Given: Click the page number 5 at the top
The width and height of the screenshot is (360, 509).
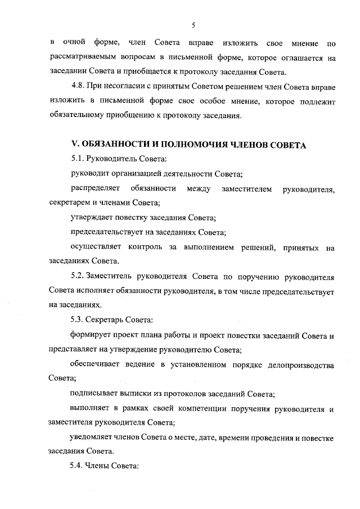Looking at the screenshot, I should (x=192, y=25).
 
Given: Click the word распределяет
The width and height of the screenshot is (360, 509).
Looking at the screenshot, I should (x=94, y=189).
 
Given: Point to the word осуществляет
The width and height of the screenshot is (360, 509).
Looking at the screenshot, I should (x=96, y=247).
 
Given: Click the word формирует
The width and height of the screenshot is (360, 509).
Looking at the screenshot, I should (x=91, y=335).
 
